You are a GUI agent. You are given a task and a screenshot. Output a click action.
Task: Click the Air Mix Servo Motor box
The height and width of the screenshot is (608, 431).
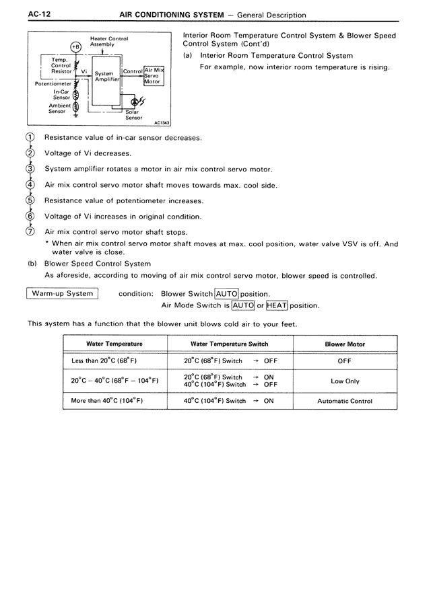tap(154, 75)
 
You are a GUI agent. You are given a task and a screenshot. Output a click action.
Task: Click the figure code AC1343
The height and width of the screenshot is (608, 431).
tap(162, 123)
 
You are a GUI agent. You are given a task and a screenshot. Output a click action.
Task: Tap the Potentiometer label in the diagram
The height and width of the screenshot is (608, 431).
tap(52, 84)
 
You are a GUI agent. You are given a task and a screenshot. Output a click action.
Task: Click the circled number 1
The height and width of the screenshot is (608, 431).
tap(30, 137)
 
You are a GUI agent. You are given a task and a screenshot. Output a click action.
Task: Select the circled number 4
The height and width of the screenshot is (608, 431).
tap(30, 185)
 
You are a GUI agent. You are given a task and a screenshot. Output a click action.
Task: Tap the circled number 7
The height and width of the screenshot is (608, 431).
tap(30, 232)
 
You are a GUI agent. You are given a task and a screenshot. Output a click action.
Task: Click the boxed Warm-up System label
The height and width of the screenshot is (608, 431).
tap(62, 293)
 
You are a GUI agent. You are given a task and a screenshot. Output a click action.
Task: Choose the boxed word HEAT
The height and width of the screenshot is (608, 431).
tap(277, 305)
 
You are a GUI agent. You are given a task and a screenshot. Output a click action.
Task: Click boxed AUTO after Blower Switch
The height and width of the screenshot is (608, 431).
tap(227, 294)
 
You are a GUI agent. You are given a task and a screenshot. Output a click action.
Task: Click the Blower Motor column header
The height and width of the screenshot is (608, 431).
tap(345, 344)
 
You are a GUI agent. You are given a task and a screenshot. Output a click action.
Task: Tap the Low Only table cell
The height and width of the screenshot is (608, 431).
tap(345, 381)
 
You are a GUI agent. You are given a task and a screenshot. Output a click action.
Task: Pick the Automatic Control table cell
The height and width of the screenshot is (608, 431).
tap(345, 401)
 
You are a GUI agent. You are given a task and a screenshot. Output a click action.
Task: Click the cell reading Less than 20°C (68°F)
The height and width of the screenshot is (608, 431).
tap(104, 360)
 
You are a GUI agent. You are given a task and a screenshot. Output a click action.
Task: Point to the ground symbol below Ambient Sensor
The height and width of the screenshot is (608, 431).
tap(75, 116)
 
